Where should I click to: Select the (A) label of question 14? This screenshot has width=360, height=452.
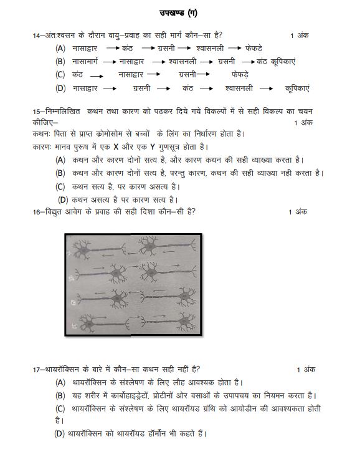tap(60, 49)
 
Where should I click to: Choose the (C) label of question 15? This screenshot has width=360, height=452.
tap(60, 186)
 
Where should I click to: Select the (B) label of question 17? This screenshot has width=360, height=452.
tap(60, 395)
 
